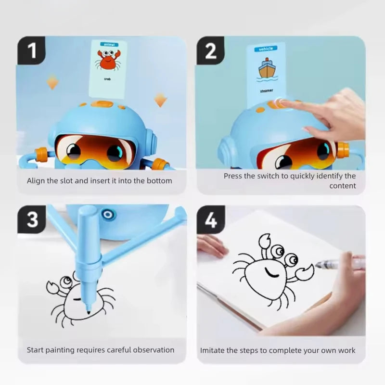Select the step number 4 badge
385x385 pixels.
coord(211,220)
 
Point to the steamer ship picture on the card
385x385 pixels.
coord(266,68)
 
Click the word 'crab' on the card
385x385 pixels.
coord(107,78)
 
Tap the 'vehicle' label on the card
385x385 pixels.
coord(266,49)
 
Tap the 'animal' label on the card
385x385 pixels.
coord(107,44)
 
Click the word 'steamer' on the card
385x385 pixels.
coord(266,90)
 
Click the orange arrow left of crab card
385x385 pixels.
coord(53,82)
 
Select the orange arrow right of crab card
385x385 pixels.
coord(161,100)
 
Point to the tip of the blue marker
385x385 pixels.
coord(88,313)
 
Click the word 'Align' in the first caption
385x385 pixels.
coord(36,180)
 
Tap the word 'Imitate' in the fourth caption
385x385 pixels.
coord(213,350)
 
